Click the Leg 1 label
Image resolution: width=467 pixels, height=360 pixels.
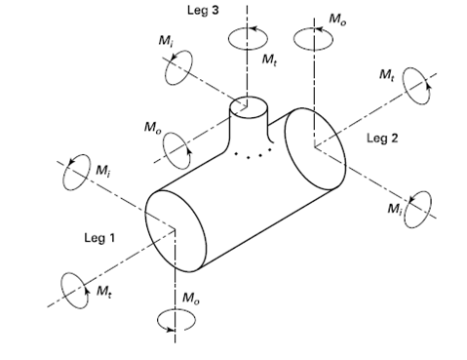(x=99, y=238)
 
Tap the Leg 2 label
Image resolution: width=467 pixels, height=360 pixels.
(x=382, y=139)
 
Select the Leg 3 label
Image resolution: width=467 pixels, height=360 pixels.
(x=203, y=10)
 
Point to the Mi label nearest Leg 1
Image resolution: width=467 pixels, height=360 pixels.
(x=103, y=171)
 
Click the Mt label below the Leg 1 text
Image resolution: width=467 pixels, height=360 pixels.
(x=104, y=291)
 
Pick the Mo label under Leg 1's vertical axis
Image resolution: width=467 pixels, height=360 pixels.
(x=191, y=298)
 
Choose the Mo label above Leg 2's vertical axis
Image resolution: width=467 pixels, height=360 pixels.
(x=337, y=19)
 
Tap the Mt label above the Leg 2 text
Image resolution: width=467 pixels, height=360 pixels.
(x=387, y=75)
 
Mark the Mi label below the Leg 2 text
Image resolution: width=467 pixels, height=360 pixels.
(x=395, y=209)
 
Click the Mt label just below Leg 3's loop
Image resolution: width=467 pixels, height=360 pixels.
(x=269, y=60)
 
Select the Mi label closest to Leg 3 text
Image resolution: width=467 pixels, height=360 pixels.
(x=166, y=41)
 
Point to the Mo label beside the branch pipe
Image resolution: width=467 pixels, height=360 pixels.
(x=152, y=127)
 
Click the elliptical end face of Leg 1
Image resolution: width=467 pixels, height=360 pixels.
(x=175, y=230)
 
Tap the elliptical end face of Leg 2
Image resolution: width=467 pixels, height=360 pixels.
(x=315, y=148)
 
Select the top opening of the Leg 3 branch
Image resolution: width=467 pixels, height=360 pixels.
(x=249, y=107)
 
